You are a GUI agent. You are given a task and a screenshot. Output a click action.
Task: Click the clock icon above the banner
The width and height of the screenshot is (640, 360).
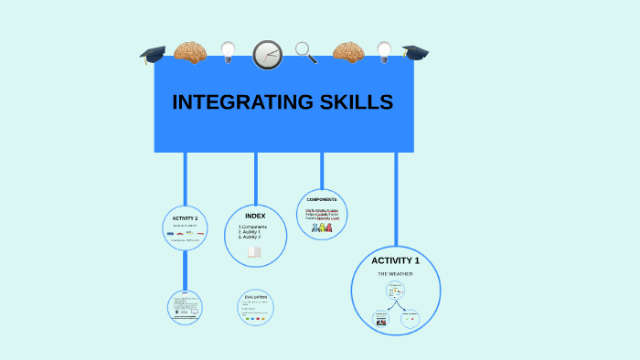[267, 55]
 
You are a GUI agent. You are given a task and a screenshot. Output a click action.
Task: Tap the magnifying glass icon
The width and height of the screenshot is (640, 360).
[306, 52]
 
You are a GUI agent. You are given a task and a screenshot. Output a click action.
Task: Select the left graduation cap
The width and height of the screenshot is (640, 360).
[153, 55]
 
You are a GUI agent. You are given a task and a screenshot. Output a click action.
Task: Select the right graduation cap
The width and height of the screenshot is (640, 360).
[416, 52]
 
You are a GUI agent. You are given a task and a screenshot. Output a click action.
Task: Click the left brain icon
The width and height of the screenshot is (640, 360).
[189, 52]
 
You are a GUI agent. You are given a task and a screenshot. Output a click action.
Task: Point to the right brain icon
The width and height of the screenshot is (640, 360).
[348, 52]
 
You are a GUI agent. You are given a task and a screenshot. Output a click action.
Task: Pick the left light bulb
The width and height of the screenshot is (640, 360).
[229, 52]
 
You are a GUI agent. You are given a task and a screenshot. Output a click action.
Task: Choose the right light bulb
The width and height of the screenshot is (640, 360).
[384, 51]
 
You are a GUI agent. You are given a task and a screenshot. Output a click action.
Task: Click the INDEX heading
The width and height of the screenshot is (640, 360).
[255, 216]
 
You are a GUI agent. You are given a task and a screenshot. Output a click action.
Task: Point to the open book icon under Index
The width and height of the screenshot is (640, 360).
[254, 252]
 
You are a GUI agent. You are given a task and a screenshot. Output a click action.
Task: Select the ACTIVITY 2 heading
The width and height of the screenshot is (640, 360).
[185, 218]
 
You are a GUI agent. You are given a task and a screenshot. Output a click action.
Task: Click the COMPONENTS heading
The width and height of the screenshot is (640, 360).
[322, 199]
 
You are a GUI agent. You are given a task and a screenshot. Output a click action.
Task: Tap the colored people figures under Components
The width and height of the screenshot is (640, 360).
[322, 228]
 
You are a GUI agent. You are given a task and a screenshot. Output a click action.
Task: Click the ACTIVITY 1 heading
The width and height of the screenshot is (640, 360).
[395, 260]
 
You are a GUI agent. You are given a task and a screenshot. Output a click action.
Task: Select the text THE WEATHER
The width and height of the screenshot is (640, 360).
[395, 273]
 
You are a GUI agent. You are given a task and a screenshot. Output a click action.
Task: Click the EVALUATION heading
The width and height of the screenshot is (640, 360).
[255, 297]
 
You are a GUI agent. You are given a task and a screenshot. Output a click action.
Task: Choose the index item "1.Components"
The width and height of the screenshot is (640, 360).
[253, 227]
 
